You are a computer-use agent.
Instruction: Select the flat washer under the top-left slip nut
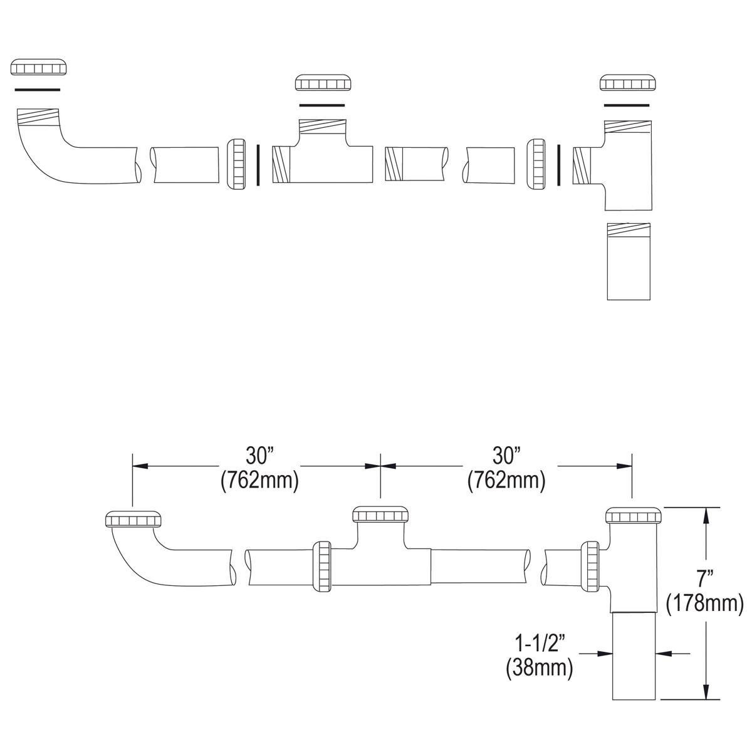point(38,90)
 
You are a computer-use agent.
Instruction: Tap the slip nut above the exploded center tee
point(323,83)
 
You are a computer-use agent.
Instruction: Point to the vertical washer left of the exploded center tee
point(258,165)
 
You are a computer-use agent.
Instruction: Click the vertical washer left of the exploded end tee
point(558,165)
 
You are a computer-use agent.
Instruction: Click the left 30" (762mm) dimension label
point(258,468)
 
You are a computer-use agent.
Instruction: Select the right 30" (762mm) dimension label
point(506,468)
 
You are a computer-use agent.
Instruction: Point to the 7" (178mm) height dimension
point(704,592)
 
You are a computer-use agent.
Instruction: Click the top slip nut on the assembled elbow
point(133,520)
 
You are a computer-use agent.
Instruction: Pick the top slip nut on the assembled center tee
point(380,514)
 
